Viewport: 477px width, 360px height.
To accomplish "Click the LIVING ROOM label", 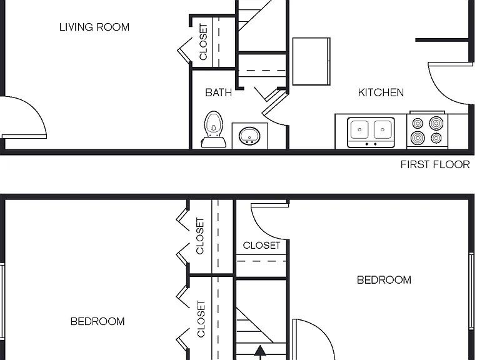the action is pyautogui.click(x=94, y=27).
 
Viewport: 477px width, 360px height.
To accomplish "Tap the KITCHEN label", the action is pyautogui.click(x=381, y=92).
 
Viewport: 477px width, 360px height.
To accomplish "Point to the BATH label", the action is pyautogui.click(x=218, y=92).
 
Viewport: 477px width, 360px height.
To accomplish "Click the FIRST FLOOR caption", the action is pyautogui.click(x=435, y=164).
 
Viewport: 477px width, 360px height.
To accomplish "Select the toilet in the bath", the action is pyautogui.click(x=213, y=129).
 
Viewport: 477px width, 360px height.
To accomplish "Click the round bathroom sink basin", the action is pyautogui.click(x=249, y=136).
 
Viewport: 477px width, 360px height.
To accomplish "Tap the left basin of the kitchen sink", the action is pyautogui.click(x=359, y=129).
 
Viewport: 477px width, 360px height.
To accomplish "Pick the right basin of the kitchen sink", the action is pyautogui.click(x=383, y=129).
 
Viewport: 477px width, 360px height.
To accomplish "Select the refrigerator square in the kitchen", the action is pyautogui.click(x=311, y=61).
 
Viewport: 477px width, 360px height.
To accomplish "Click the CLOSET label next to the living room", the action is pyautogui.click(x=203, y=42).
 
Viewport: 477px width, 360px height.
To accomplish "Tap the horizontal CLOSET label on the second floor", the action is pyautogui.click(x=261, y=245).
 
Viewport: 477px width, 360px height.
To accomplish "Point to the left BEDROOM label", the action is pyautogui.click(x=98, y=321).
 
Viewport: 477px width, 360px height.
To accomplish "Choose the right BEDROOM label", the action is pyautogui.click(x=384, y=280).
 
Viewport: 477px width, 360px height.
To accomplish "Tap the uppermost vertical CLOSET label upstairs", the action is pyautogui.click(x=200, y=236).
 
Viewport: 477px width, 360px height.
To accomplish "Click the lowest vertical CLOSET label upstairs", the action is pyautogui.click(x=201, y=319).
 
